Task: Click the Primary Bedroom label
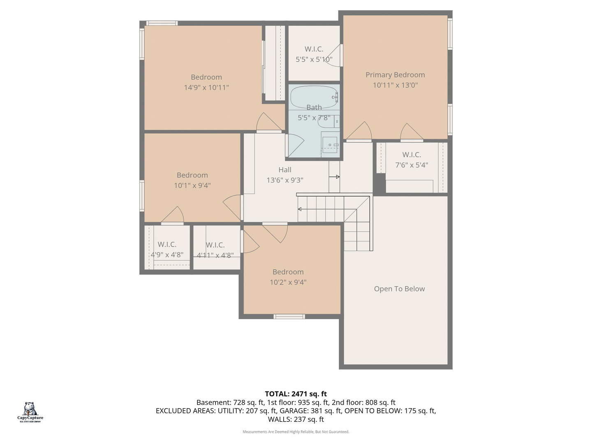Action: [x=395, y=75]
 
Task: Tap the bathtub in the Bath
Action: [x=314, y=97]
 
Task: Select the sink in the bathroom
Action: [x=330, y=145]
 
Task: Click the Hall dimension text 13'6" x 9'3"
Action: [x=285, y=180]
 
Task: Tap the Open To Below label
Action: [x=399, y=289]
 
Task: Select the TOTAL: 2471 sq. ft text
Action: [x=296, y=394]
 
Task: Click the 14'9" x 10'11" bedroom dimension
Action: [x=206, y=87]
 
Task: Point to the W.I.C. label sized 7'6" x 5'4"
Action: [x=412, y=155]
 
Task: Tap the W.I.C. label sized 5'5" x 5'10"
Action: [x=314, y=49]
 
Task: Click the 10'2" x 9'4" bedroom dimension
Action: [x=288, y=282]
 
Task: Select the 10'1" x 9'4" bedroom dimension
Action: [x=192, y=185]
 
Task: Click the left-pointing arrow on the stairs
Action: [x=300, y=209]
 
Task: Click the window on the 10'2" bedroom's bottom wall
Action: [x=289, y=316]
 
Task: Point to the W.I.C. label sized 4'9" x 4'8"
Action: [x=167, y=244]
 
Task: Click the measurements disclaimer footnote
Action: [x=296, y=432]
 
